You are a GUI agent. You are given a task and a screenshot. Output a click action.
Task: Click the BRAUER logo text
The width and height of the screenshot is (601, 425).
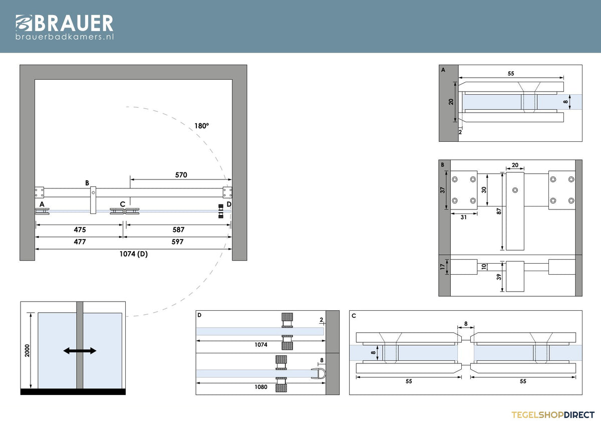click(74, 23)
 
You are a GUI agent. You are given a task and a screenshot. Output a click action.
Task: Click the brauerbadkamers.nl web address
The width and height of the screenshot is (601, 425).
click(65, 37)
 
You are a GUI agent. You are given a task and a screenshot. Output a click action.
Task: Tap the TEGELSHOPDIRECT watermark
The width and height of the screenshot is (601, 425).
click(553, 415)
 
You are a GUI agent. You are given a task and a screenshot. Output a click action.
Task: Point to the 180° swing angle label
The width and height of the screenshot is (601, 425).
click(201, 126)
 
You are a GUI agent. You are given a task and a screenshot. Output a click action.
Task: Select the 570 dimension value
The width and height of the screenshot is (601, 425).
click(181, 175)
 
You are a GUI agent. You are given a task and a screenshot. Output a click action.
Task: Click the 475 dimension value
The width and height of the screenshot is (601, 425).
click(80, 230)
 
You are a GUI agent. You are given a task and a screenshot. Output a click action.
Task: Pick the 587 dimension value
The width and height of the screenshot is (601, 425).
click(178, 230)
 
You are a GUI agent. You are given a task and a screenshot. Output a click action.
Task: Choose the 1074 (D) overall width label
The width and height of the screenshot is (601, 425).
click(134, 254)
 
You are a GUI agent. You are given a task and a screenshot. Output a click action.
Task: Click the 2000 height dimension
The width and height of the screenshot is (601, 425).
click(27, 351)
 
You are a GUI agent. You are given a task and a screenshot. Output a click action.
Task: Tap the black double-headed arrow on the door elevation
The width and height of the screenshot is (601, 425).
click(80, 351)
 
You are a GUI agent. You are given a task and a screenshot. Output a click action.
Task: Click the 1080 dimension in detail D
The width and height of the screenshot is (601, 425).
click(261, 387)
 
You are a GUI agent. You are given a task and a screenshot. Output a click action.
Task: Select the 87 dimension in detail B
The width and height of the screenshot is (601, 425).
click(499, 211)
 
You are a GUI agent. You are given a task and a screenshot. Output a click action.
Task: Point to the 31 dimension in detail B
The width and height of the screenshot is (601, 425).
click(464, 217)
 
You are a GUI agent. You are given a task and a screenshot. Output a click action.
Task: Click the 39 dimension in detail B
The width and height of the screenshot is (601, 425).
click(499, 277)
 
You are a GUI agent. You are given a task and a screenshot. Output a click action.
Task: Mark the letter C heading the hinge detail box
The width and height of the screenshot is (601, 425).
click(354, 316)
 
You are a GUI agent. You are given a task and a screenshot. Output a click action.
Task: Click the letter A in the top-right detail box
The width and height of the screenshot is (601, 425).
click(443, 70)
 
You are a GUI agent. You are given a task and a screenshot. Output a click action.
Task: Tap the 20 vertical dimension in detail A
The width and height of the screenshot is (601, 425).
click(451, 102)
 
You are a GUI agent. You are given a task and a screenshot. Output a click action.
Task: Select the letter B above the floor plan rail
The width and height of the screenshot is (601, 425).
click(87, 183)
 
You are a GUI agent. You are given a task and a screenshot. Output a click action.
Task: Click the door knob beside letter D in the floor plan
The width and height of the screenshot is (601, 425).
click(221, 211)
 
